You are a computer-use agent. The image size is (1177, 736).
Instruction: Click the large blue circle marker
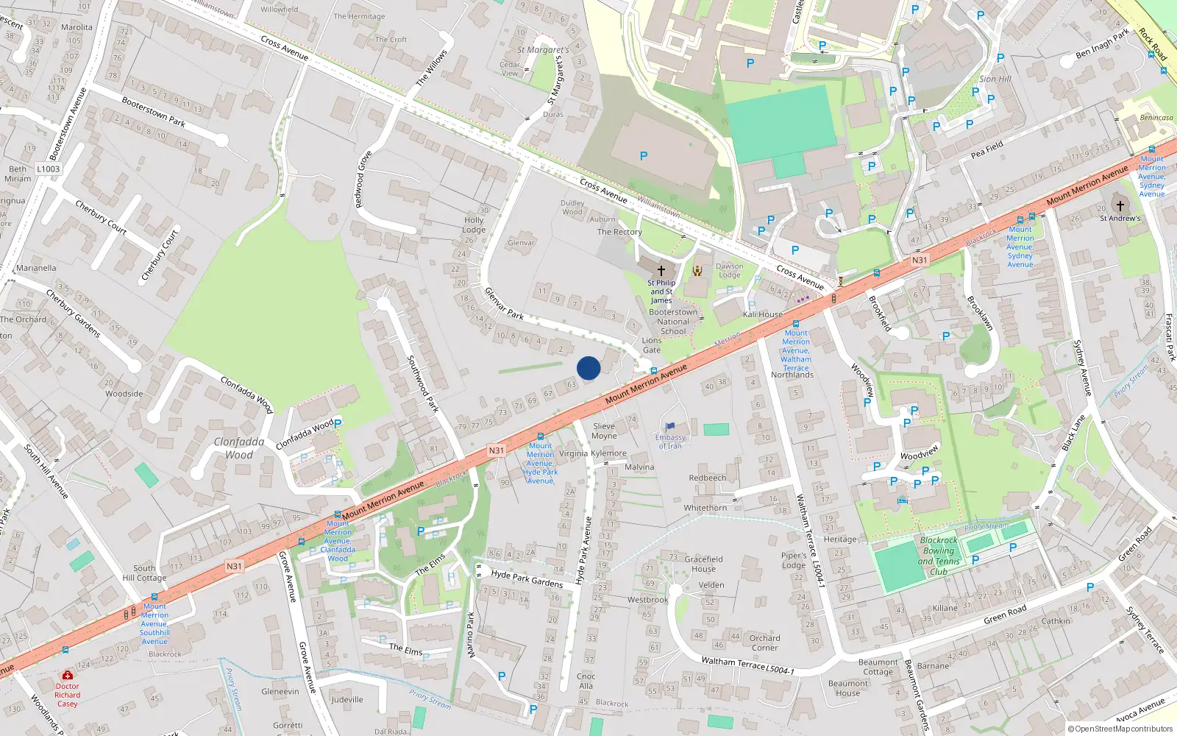588,368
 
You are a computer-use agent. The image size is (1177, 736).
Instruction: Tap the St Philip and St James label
661,291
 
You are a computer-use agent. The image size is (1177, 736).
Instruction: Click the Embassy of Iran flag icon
670,426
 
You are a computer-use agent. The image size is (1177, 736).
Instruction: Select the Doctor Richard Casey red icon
68,675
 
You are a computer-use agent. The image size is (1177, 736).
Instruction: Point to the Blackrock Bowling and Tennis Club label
939,556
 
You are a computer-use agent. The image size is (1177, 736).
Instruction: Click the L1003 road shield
49,169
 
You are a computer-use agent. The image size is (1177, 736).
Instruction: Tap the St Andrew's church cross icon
1120,206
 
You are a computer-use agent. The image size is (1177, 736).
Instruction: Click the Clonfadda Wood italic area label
239,448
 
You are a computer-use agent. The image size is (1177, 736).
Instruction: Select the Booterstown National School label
673,322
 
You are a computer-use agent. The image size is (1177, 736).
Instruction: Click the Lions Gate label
652,345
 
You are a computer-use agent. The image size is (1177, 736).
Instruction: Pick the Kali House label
763,314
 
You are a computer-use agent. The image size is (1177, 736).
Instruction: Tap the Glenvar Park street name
504,303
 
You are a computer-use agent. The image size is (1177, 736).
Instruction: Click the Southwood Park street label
422,383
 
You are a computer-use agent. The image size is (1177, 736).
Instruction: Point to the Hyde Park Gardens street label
527,578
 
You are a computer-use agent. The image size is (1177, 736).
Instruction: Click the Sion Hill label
995,79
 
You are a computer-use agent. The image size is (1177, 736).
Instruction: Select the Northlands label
792,375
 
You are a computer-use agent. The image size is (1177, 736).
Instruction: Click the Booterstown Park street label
153,112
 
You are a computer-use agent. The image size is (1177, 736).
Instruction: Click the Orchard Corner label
765,643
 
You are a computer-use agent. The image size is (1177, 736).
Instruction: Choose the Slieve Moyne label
604,431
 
